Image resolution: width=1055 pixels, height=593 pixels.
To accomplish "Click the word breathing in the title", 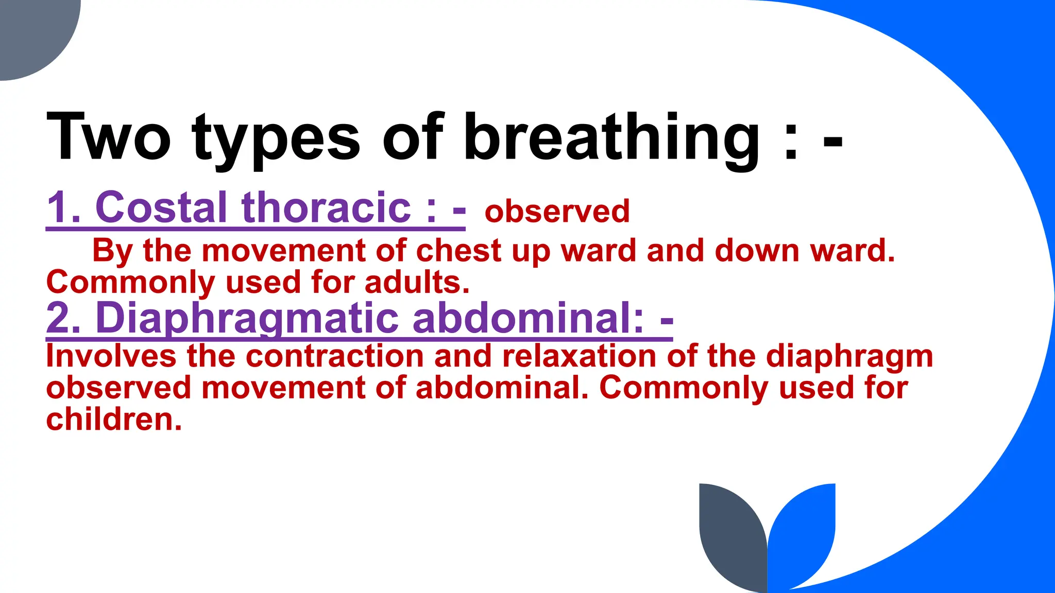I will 611,138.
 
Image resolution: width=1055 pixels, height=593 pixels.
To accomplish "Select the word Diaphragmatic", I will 247,319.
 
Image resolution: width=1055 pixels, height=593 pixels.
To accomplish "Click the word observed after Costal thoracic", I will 557,212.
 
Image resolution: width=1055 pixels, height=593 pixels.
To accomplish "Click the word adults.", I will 417,283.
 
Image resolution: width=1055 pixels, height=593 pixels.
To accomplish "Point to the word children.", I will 114,420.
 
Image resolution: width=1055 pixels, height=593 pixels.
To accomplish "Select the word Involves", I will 111,356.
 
